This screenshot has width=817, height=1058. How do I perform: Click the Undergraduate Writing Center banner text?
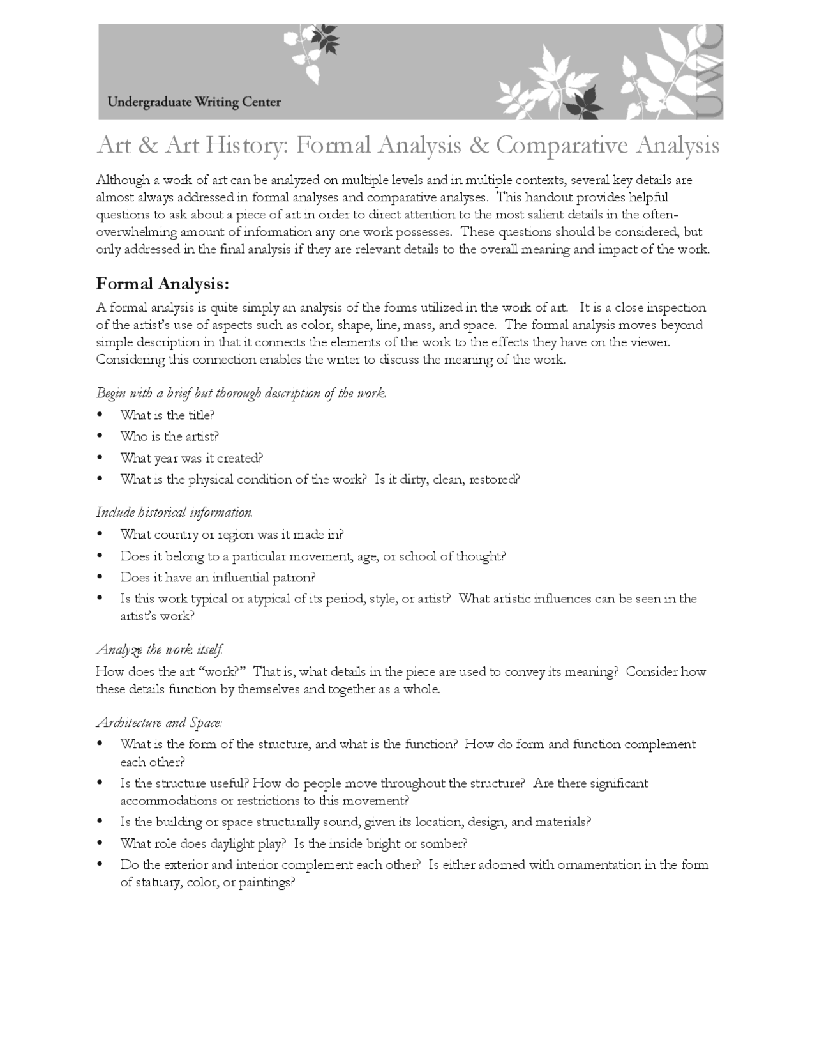[194, 102]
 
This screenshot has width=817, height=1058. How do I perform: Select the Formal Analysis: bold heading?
[162, 283]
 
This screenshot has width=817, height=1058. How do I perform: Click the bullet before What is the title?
[100, 415]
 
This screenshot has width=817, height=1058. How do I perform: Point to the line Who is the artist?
[170, 436]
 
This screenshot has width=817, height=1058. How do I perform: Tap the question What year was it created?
[191, 458]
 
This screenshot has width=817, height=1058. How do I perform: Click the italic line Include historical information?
[174, 512]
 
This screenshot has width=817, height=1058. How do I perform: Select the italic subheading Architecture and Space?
[159, 723]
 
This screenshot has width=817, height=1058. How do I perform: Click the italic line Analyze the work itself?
[160, 650]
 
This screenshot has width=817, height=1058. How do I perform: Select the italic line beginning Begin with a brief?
[241, 393]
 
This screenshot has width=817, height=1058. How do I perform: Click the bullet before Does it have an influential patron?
[100, 578]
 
